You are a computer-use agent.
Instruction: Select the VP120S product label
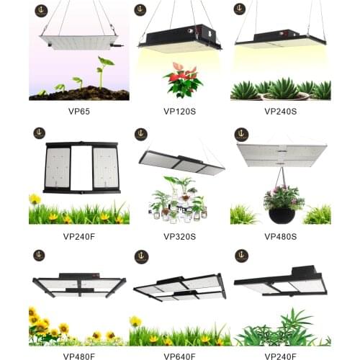(x=180, y=112)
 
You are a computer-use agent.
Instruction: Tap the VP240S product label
(x=281, y=112)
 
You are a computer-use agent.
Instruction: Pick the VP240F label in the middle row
(x=79, y=236)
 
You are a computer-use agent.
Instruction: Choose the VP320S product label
(x=180, y=236)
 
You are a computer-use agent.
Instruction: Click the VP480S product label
(x=281, y=236)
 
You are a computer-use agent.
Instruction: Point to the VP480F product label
(x=79, y=355)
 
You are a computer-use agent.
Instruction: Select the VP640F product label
(x=180, y=355)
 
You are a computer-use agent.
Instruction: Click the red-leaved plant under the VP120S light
(x=183, y=79)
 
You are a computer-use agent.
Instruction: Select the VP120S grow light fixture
(x=180, y=37)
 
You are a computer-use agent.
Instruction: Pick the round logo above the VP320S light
(x=141, y=134)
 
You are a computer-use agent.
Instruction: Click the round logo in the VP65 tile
(x=40, y=9)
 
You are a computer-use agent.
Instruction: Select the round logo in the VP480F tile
(x=40, y=255)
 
